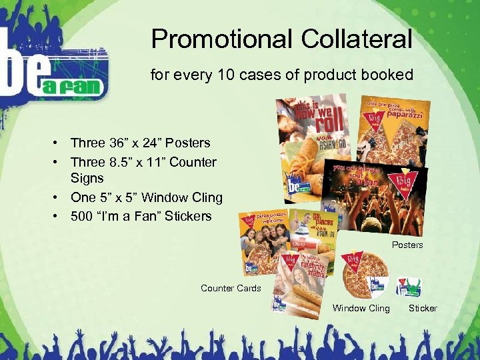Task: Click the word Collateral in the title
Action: (357, 39)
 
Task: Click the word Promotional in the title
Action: (222, 39)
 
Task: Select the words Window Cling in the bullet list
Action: (181, 198)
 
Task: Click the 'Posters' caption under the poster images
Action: (407, 245)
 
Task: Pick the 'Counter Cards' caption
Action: (231, 288)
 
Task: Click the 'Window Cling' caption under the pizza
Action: (361, 308)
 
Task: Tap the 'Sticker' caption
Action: (423, 308)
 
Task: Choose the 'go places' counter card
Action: (314, 233)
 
